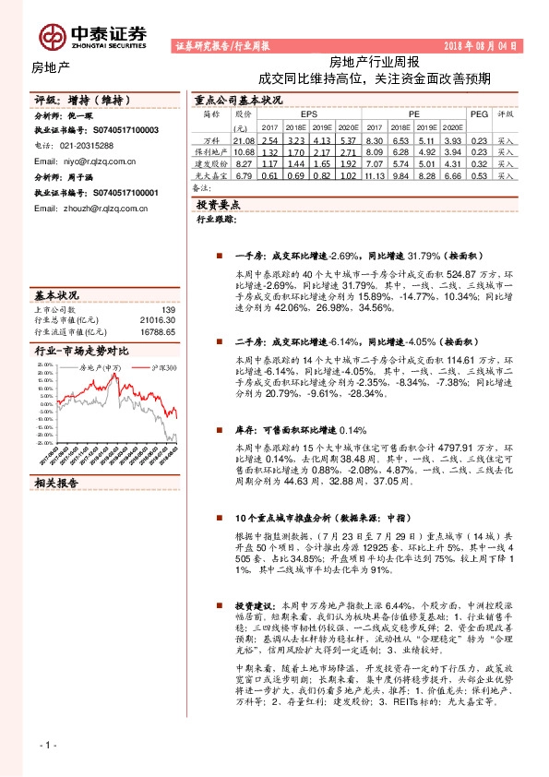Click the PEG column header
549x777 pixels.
click(x=478, y=114)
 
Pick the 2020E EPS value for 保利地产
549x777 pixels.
click(x=347, y=151)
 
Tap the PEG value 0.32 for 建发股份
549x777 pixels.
click(x=478, y=163)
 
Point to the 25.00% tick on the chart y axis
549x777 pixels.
click(x=45, y=365)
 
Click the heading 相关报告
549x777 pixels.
click(x=58, y=482)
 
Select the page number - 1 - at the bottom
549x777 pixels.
click(x=45, y=744)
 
